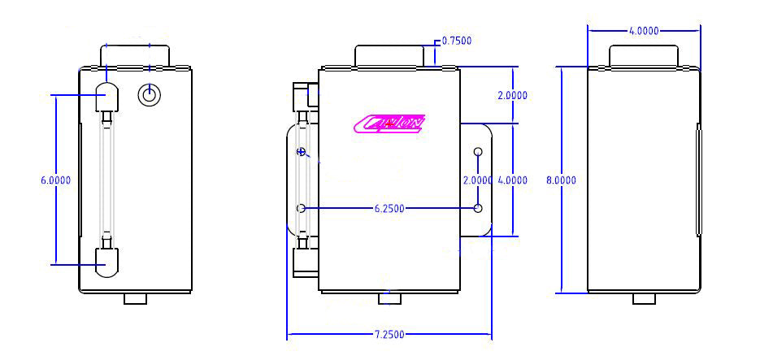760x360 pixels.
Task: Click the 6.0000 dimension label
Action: pyautogui.click(x=55, y=180)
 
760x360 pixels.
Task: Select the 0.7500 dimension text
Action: pyautogui.click(x=456, y=41)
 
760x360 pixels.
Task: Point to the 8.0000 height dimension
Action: pyautogui.click(x=561, y=180)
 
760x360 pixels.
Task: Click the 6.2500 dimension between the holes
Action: pyautogui.click(x=390, y=209)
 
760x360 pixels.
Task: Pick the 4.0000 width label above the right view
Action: pyautogui.click(x=644, y=31)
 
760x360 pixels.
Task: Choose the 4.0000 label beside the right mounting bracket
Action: pyautogui.click(x=512, y=180)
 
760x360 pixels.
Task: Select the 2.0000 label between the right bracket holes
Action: pyautogui.click(x=477, y=180)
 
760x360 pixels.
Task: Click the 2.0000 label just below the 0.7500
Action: pyautogui.click(x=512, y=95)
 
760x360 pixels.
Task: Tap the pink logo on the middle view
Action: pyautogui.click(x=389, y=123)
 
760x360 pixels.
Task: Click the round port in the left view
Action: pyautogui.click(x=148, y=95)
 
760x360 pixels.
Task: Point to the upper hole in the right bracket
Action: pyautogui.click(x=478, y=152)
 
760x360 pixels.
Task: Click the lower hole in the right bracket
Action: pyautogui.click(x=478, y=209)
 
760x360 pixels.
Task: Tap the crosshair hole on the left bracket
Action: pyautogui.click(x=302, y=152)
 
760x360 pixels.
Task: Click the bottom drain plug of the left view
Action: pyautogui.click(x=135, y=298)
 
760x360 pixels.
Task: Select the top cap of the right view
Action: pyautogui.click(x=644, y=55)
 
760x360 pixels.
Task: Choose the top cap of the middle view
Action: pyautogui.click(x=389, y=55)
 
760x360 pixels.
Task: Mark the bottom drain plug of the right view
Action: pyautogui.click(x=644, y=298)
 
